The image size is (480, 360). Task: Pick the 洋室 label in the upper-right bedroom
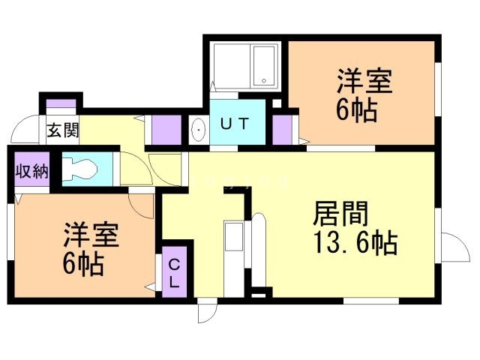click(x=364, y=80)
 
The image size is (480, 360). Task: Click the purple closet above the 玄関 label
click(x=61, y=104)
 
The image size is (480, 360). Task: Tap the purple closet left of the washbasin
click(x=166, y=130)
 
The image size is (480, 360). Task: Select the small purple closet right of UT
click(x=282, y=130)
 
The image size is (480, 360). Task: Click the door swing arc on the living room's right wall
click(x=452, y=247)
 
